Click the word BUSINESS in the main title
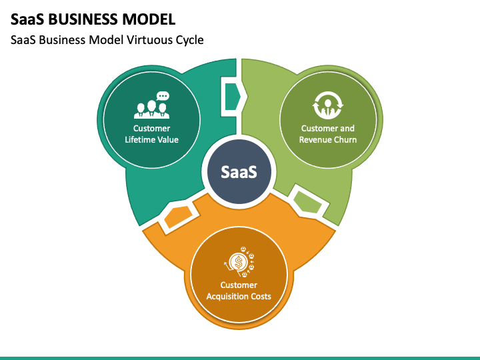click(83, 19)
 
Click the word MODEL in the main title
click(149, 19)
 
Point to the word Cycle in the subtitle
click(190, 41)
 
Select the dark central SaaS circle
click(239, 171)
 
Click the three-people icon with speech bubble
click(151, 105)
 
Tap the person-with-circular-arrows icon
click(328, 105)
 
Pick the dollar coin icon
click(239, 262)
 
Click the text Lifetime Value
click(151, 139)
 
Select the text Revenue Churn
click(328, 139)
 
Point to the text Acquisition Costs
click(239, 296)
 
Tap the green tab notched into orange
click(307, 202)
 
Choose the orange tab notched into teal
click(179, 216)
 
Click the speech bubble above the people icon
click(163, 96)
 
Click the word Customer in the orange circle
click(239, 285)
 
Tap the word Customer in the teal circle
click(151, 128)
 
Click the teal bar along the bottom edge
click(240, 358)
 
